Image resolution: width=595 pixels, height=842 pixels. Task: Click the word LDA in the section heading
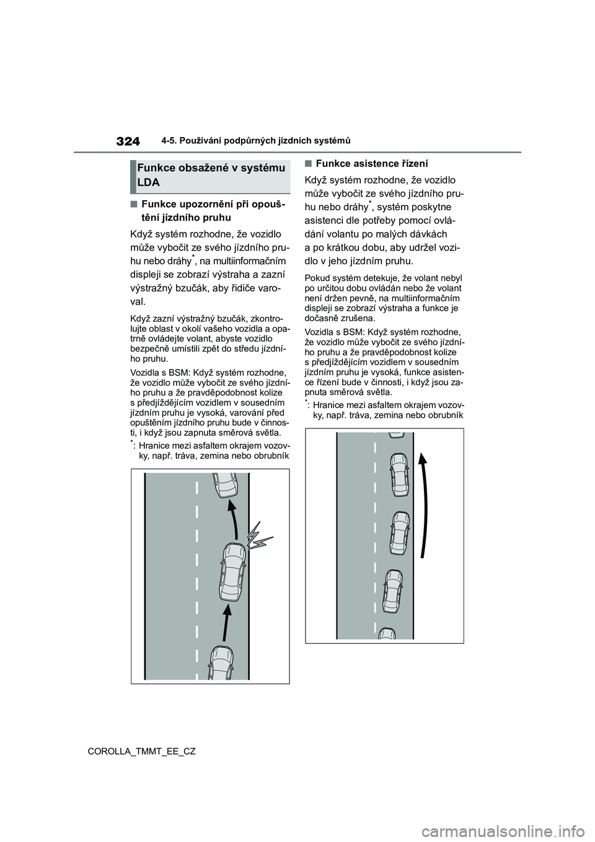[148, 183]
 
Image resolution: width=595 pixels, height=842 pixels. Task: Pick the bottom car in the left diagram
[221, 664]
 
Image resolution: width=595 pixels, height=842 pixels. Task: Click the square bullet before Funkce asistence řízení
[308, 164]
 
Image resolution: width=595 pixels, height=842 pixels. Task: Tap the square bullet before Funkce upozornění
[134, 205]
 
